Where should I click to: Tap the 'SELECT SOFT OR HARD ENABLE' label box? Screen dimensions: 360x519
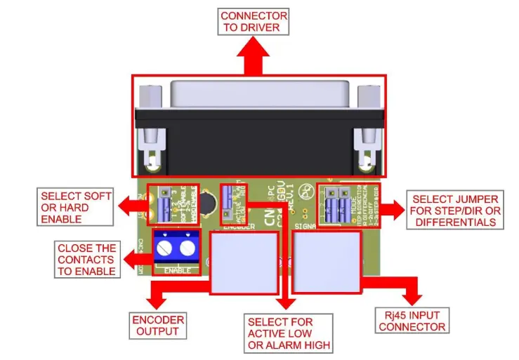pos(75,208)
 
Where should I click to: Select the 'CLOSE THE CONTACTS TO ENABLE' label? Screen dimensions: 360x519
pos(86,260)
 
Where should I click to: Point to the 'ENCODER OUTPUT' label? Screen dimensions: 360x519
pos(158,326)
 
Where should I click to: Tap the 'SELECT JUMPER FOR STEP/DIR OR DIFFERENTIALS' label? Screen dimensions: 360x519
pos(456,211)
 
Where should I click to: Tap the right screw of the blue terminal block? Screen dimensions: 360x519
pos(188,248)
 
